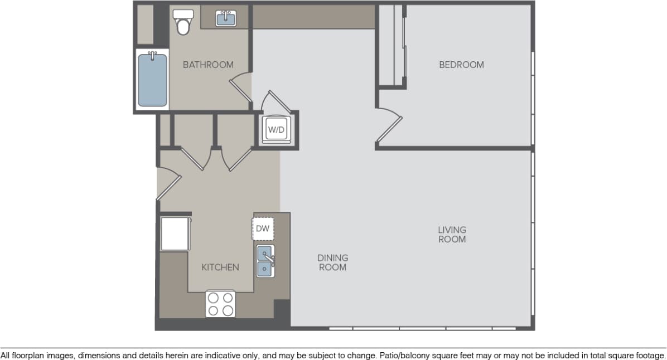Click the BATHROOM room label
click(208, 65)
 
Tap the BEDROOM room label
click(461, 65)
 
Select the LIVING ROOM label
click(452, 234)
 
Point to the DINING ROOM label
click(332, 262)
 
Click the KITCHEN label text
click(220, 267)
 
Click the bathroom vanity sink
click(226, 18)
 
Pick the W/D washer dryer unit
click(277, 130)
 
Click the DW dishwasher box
click(263, 228)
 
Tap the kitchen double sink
click(264, 261)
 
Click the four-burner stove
click(220, 304)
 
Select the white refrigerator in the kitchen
click(175, 234)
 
